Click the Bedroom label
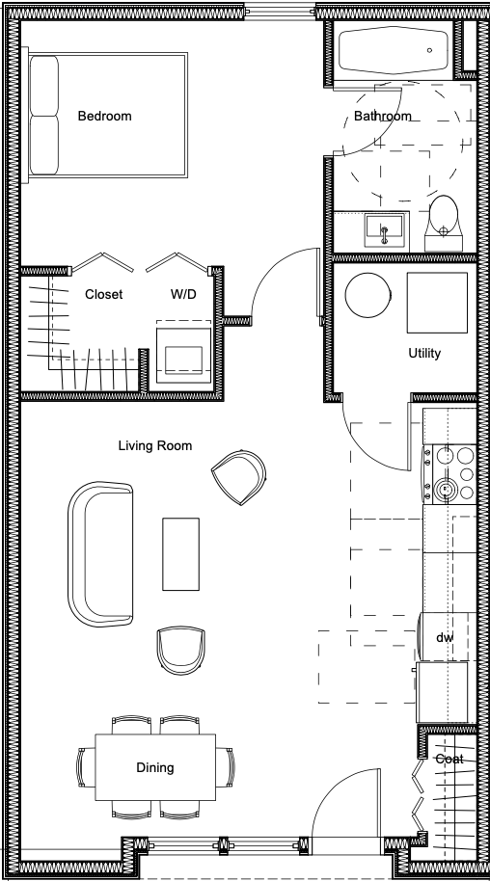pos(104,117)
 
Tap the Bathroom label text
pos(383,117)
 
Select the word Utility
pos(424,354)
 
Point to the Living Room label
pos(154,446)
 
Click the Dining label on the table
pos(154,767)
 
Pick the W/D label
pos(183,294)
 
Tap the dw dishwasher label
pos(445,638)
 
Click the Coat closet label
pos(449,760)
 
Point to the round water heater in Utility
pos(367,296)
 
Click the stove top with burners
pos(449,473)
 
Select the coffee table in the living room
pos(180,554)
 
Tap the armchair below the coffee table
pos(180,650)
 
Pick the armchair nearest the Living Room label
pos(238,477)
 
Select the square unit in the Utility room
pos(437,304)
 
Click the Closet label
pos(103,294)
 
